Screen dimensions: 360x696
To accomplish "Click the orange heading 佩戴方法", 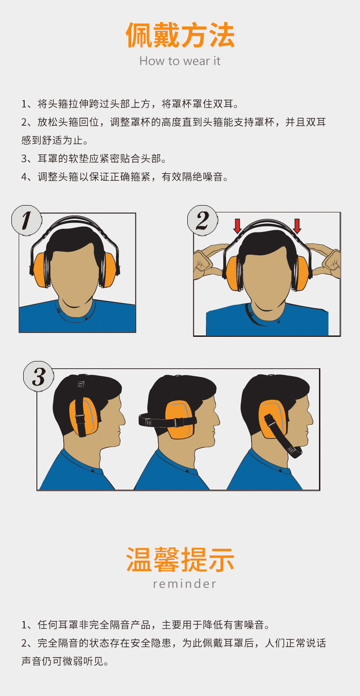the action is [180, 35].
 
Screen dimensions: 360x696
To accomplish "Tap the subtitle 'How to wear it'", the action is [180, 61].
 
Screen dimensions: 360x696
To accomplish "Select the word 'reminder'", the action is [185, 584].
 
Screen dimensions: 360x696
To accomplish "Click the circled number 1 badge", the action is [26, 220].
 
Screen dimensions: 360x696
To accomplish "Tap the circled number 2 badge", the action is [202, 220].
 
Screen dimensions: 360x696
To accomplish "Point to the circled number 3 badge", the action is [39, 376].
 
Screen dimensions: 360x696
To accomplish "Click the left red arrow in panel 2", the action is [237, 226].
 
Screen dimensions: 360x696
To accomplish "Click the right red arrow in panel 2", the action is [297, 226].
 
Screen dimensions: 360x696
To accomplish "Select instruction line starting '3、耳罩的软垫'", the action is [94, 159].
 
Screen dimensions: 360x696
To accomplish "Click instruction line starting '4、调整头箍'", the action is [125, 177].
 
